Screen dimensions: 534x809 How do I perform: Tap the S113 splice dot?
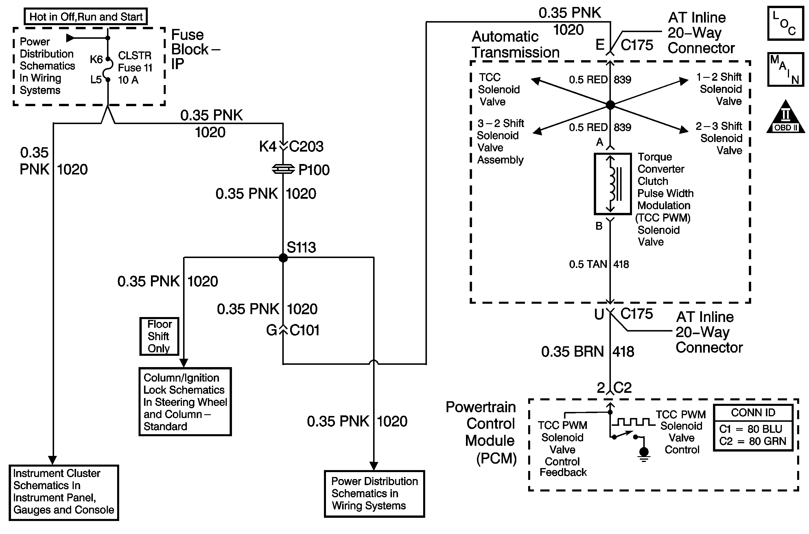pyautogui.click(x=283, y=258)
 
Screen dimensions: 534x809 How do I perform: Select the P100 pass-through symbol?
pyautogui.click(x=283, y=169)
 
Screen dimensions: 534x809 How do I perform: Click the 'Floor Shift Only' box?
pyautogui.click(x=159, y=336)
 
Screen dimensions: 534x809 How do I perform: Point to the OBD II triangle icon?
pyautogui.click(x=785, y=117)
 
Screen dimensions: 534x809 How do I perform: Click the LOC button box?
pyautogui.click(x=785, y=23)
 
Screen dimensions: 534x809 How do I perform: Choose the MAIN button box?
pyautogui.click(x=785, y=69)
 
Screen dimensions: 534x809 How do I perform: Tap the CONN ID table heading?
pyautogui.click(x=753, y=413)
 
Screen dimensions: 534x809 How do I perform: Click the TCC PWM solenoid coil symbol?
pyautogui.click(x=613, y=184)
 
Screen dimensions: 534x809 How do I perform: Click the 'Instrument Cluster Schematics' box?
pyautogui.click(x=64, y=492)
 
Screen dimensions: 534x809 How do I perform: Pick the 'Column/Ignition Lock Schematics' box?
pyautogui.click(x=185, y=402)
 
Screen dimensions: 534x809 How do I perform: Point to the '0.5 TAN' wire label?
pyautogui.click(x=588, y=264)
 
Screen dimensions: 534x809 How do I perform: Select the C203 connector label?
pyautogui.click(x=306, y=146)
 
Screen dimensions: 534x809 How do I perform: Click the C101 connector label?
pyautogui.click(x=304, y=330)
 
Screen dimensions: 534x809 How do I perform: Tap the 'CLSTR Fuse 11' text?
pyautogui.click(x=135, y=62)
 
